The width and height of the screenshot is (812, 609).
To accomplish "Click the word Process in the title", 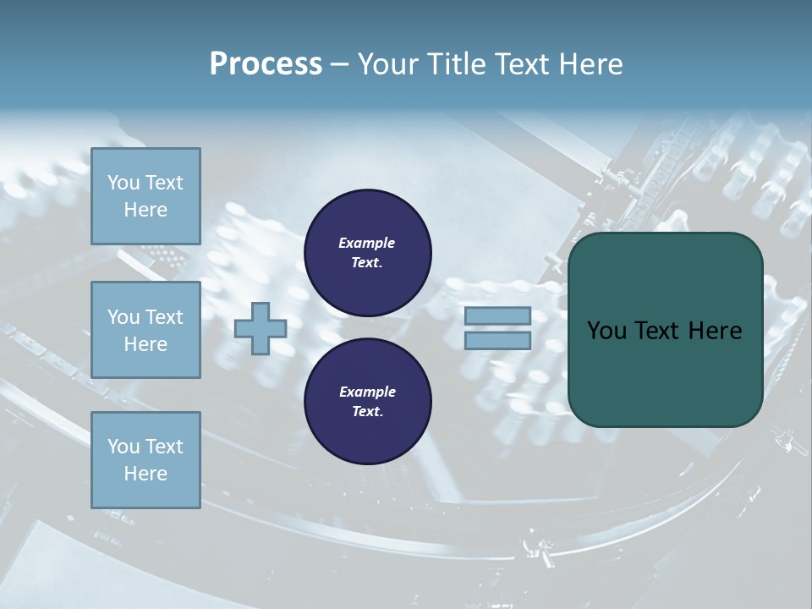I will click(x=266, y=64).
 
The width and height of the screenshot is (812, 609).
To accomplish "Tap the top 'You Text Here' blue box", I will click(x=145, y=196).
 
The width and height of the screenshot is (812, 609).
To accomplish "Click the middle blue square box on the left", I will click(x=145, y=330).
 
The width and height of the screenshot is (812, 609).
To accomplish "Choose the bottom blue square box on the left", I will click(x=145, y=460).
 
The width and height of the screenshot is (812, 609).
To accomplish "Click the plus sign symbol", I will click(x=260, y=328).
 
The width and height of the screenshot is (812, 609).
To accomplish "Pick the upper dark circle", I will click(x=367, y=252).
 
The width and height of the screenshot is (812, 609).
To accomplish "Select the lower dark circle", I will click(x=367, y=401).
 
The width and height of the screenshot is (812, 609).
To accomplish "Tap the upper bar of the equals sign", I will click(x=497, y=316).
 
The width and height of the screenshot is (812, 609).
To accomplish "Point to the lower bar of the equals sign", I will click(x=497, y=340).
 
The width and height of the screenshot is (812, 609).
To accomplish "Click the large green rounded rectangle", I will click(x=665, y=330).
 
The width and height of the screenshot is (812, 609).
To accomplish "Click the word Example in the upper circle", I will click(x=366, y=243).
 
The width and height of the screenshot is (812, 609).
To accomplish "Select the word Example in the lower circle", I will click(x=366, y=392).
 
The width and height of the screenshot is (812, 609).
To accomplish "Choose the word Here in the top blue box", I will click(x=145, y=210).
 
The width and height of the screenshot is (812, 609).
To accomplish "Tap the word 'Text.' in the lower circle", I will click(x=367, y=412).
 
